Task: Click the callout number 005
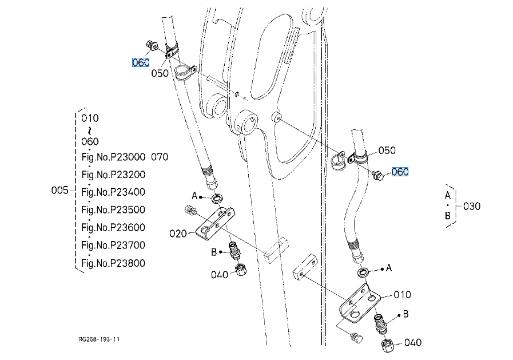pyautogui.click(x=59, y=190)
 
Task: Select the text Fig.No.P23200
pyautogui.click(x=114, y=175)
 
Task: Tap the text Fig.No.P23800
pyautogui.click(x=113, y=263)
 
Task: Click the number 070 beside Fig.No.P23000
pyautogui.click(x=160, y=157)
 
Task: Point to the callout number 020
pyautogui.click(x=178, y=234)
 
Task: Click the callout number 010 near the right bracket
pyautogui.click(x=402, y=295)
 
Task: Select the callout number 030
pyautogui.click(x=472, y=206)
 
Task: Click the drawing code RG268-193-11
pyautogui.click(x=99, y=339)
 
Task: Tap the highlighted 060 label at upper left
pyautogui.click(x=141, y=62)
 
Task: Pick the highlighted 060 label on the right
pyautogui.click(x=400, y=172)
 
